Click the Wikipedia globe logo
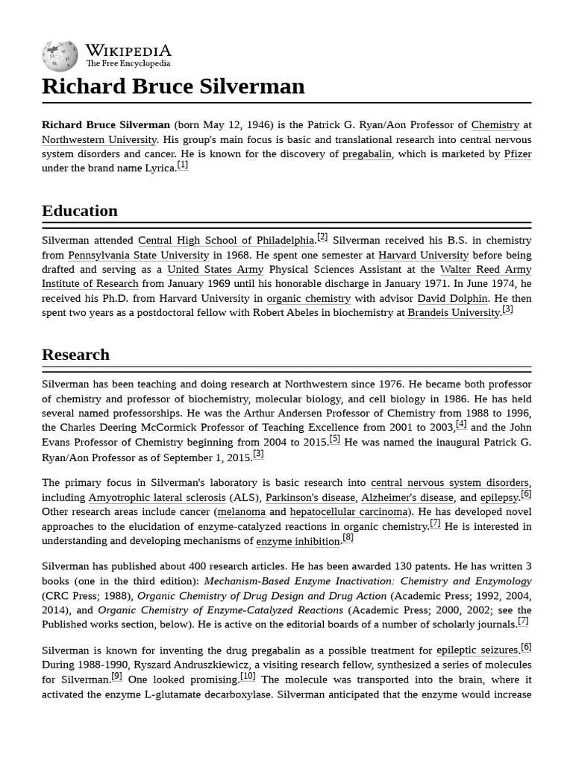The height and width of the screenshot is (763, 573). (x=60, y=55)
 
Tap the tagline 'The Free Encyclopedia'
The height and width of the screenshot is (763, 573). (x=128, y=64)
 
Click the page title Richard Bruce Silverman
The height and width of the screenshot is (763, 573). (x=173, y=86)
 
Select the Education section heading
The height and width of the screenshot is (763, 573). (x=80, y=211)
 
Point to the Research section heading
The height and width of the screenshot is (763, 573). (x=75, y=355)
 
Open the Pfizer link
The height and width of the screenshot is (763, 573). (x=517, y=154)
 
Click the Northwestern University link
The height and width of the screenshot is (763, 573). (x=99, y=140)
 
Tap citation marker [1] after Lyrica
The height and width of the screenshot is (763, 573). (x=182, y=165)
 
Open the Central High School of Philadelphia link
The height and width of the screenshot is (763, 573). (x=226, y=241)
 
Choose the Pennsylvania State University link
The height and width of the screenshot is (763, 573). (x=138, y=256)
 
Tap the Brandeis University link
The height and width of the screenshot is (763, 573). (x=454, y=313)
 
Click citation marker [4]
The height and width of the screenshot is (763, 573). (x=461, y=425)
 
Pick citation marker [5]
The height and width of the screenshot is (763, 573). (x=335, y=439)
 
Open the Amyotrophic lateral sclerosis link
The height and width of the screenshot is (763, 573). (x=157, y=498)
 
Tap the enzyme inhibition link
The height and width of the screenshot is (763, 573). (x=298, y=541)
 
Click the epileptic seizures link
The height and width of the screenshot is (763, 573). (x=477, y=650)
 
